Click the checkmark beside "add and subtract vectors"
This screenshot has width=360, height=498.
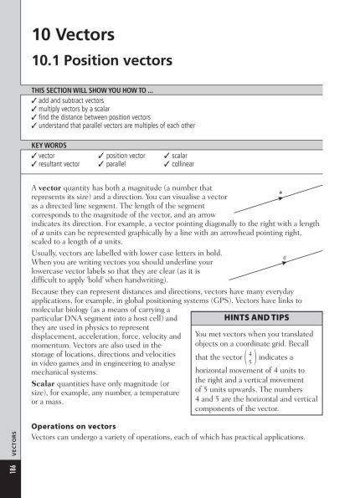[x=33, y=100]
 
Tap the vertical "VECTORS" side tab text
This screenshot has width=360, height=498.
[x=11, y=444]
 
